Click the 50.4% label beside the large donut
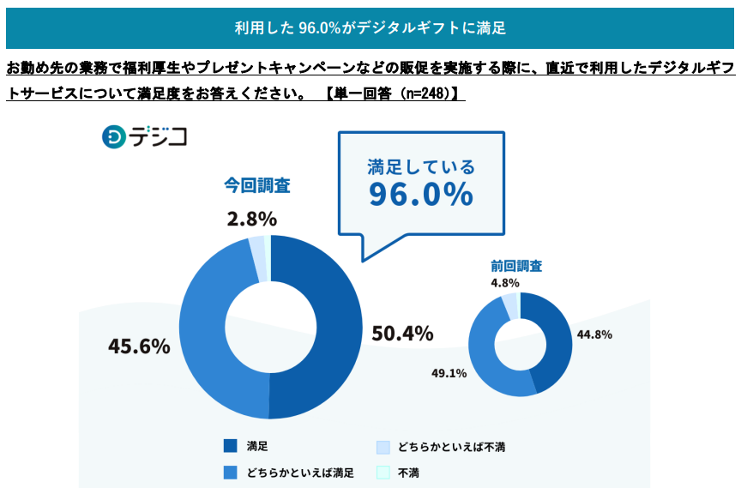coord(401,333)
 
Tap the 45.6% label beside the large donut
coord(139,346)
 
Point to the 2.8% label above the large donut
coord(251,219)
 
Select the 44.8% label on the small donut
coord(594,334)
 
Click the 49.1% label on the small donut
coord(449,373)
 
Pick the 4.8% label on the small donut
coord(505,282)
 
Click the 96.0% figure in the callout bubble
coord(421,195)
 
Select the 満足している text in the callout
coord(421,166)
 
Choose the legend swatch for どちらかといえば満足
coord(230,472)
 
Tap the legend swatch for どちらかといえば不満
coord(383,446)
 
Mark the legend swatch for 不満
coord(383,472)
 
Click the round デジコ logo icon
coord(113,136)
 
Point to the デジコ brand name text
coord(159,136)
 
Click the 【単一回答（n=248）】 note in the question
coord(394,93)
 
